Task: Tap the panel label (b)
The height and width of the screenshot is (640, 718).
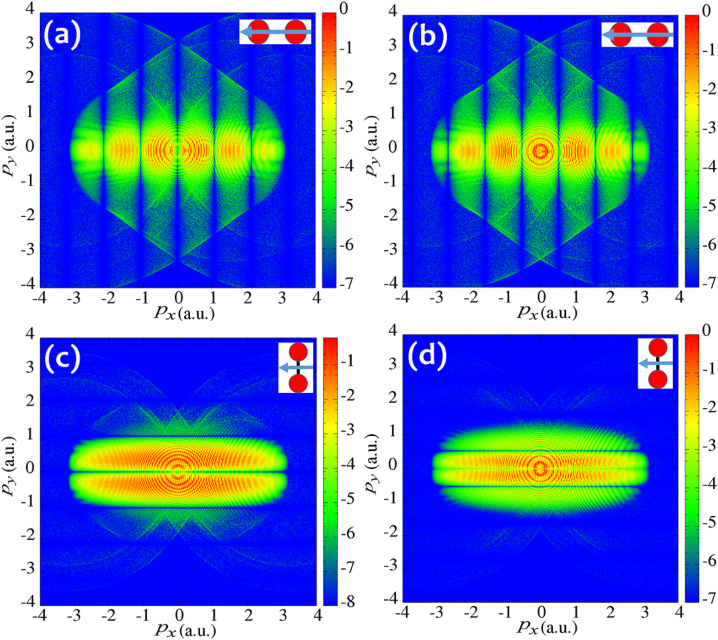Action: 427,36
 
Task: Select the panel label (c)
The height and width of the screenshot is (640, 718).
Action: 62,358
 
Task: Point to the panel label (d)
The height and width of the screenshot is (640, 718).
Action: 427,355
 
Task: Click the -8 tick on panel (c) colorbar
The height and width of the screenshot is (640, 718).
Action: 347,601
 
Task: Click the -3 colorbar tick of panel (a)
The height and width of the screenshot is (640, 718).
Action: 346,127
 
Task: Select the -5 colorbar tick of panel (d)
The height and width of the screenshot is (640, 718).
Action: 709,522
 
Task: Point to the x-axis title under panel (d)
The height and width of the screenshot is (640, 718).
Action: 547,627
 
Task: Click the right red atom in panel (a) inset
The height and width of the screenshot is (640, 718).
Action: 295,32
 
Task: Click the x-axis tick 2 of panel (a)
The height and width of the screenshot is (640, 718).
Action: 247,299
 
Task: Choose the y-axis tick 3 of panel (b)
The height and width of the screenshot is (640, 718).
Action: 392,45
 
